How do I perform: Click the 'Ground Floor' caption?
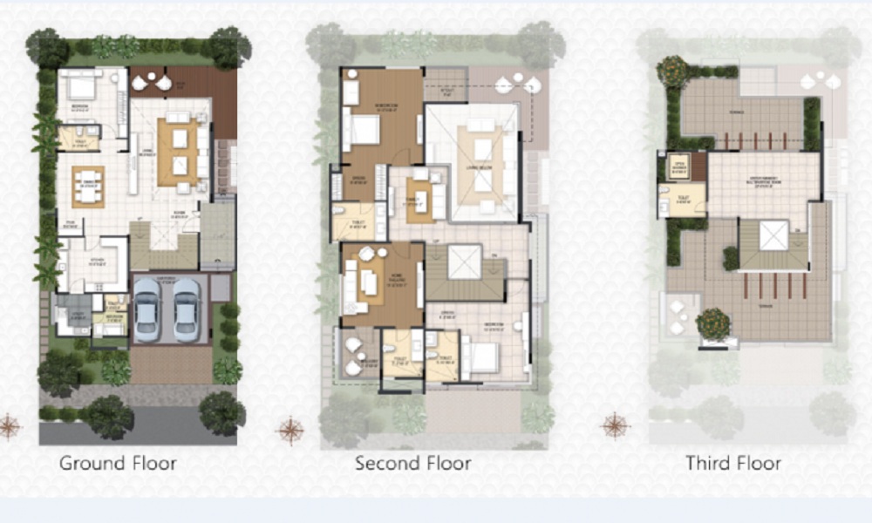117,463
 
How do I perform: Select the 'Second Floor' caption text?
412,463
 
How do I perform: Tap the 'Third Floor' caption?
732,463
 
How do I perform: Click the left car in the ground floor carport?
148,309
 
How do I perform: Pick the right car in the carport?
186,309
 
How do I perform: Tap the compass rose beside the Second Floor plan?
290,430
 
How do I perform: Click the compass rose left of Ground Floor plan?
10,426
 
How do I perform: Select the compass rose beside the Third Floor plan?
616,425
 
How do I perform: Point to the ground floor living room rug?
178,152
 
